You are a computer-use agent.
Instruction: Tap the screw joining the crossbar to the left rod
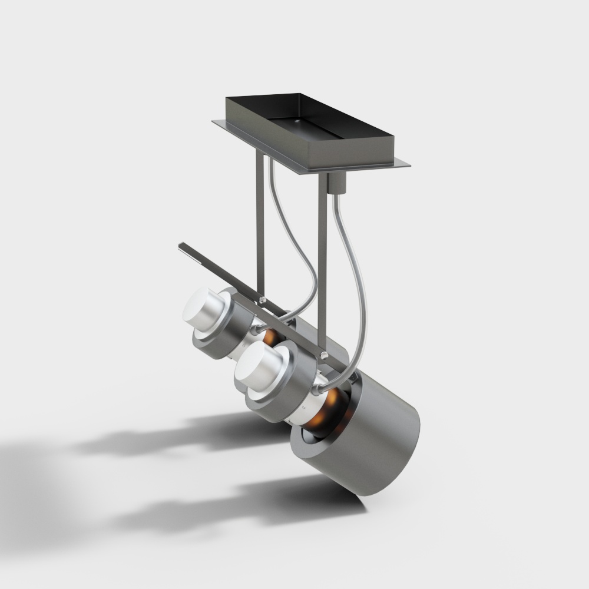(262, 300)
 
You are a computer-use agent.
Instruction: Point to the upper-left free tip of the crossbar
(181, 244)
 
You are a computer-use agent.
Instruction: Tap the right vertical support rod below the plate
(322, 247)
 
